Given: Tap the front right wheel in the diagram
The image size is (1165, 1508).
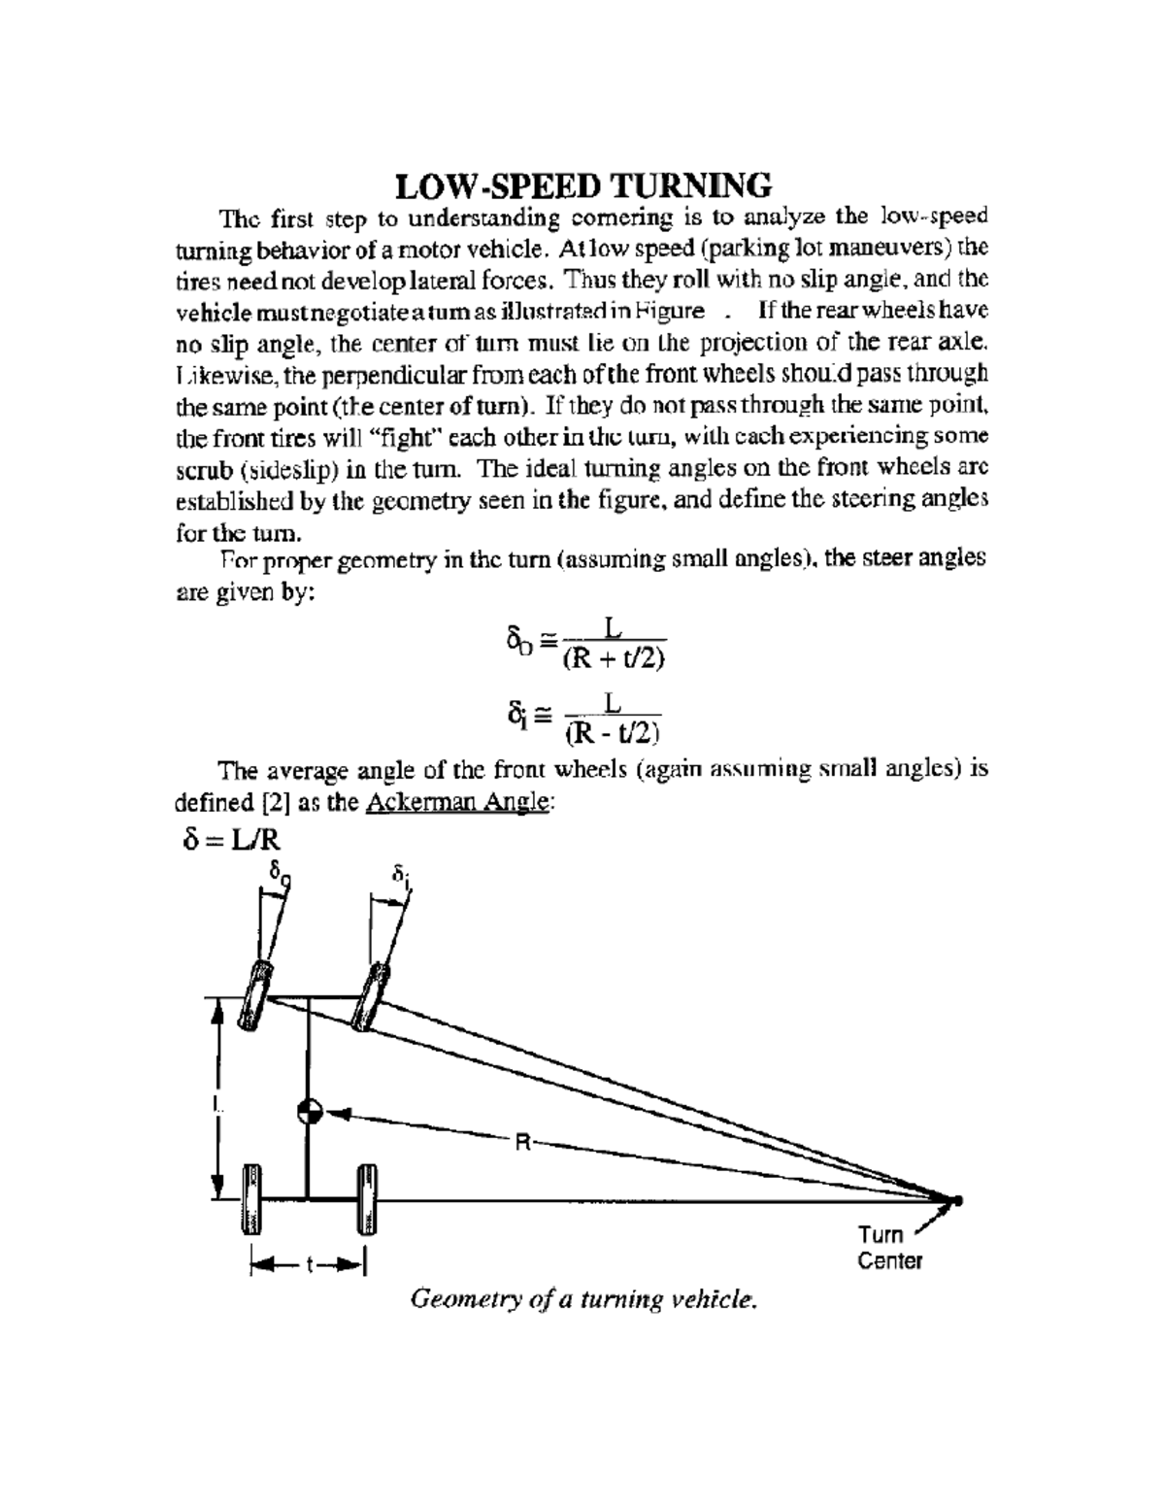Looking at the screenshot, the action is pos(371,995).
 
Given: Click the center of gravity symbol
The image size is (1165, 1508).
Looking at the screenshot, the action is pos(310,1112).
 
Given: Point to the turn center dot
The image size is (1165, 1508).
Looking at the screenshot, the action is pos(956,1200).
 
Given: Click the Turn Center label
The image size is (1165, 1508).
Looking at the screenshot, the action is pos(887,1248).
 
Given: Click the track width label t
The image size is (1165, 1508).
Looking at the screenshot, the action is pos(309,1264).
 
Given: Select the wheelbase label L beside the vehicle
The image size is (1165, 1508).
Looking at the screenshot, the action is pos(216,1103).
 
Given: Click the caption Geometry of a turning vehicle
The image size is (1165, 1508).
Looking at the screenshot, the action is pos(582,1298).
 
